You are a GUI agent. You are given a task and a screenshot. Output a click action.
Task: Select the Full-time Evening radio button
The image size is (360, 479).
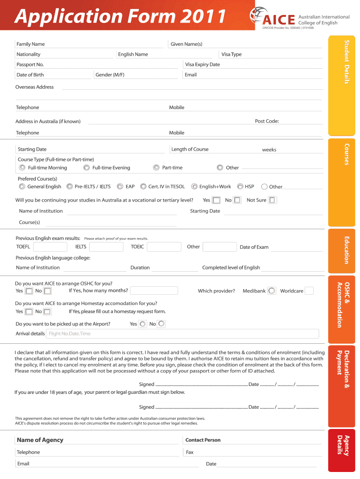click(x=86, y=167)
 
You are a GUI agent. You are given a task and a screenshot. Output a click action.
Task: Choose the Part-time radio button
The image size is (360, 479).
click(x=156, y=167)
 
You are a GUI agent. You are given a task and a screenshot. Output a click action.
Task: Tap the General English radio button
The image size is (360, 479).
click(x=22, y=186)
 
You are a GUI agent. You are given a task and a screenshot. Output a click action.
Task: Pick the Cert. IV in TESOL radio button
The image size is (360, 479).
click(x=143, y=186)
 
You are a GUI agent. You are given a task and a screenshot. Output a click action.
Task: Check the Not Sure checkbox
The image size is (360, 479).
click(x=273, y=200)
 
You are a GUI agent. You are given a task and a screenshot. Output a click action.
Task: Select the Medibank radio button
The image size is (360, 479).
click(x=272, y=291)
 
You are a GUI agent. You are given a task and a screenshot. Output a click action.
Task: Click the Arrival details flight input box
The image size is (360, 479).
click(x=182, y=334)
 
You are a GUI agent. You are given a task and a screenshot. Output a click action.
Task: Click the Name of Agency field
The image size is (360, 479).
click(x=98, y=440)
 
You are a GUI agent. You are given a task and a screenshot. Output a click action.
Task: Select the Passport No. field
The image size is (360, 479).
click(x=98, y=65)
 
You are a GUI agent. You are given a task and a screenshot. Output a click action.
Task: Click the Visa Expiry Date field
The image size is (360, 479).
click(x=252, y=65)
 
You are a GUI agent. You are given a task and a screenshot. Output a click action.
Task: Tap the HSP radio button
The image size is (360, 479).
click(x=240, y=186)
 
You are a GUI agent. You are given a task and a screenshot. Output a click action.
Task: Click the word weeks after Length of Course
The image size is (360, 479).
click(x=269, y=150)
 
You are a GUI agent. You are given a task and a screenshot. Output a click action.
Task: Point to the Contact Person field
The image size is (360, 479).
click(x=252, y=440)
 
